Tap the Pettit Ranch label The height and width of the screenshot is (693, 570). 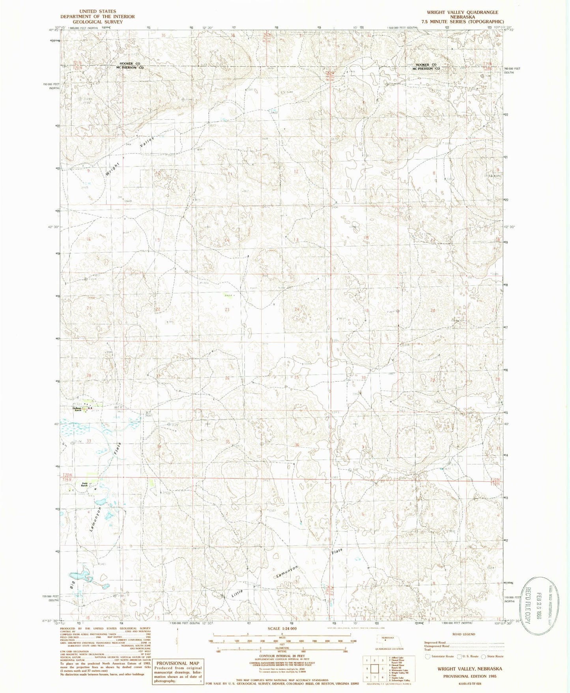(x=84, y=484)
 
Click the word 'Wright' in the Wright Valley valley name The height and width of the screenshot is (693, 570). (x=112, y=168)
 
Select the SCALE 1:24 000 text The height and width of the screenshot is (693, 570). (x=282, y=628)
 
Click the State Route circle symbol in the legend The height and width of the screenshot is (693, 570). (x=484, y=657)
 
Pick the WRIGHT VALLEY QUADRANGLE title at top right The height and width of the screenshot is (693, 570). (x=462, y=12)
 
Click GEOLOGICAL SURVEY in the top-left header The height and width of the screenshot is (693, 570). (x=97, y=22)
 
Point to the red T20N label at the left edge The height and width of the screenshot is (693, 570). (x=67, y=475)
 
